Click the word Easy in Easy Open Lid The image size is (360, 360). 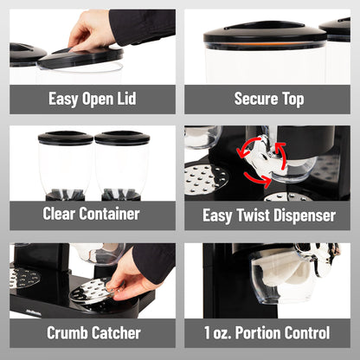click(x=63, y=99)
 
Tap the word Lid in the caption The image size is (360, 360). click(x=126, y=99)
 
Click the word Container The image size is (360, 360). click(x=110, y=214)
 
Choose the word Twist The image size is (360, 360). click(x=253, y=215)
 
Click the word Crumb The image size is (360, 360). click(x=67, y=333)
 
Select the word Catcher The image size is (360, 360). click(x=116, y=333)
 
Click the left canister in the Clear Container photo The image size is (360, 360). click(x=66, y=165)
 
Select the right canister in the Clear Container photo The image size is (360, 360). click(x=122, y=165)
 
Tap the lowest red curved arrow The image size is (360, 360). click(x=258, y=179)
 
